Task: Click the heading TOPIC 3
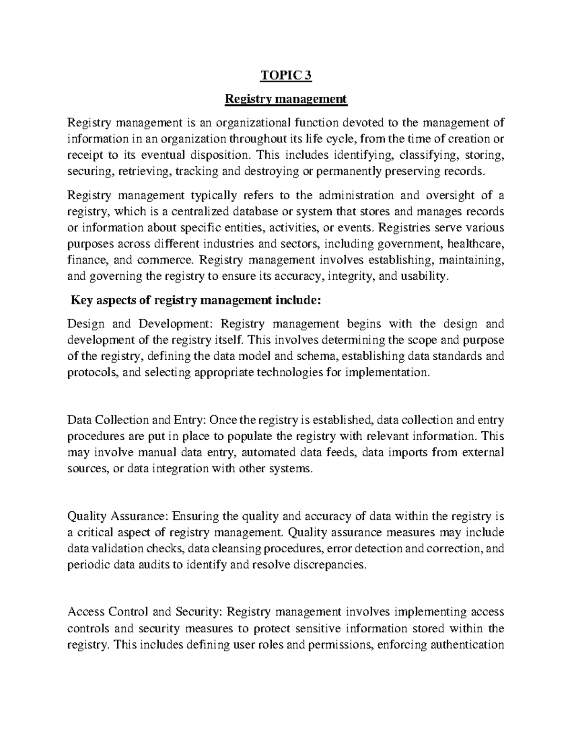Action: [286, 75]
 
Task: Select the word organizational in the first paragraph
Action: [253, 123]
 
